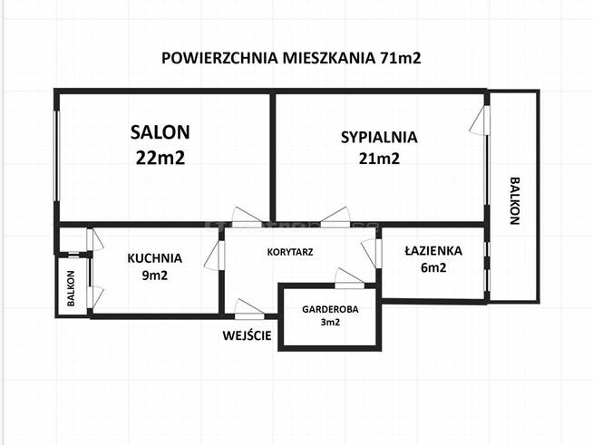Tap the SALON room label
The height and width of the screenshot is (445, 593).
pos(160,133)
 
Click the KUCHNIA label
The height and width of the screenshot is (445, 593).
pos(154,257)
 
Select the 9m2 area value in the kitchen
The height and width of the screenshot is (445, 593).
pos(154,276)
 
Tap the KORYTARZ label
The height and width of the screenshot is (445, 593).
pos(289,253)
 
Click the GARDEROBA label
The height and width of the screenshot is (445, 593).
pos(330,308)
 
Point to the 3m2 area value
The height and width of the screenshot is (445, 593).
pos(330,323)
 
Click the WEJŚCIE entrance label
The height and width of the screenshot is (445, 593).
pos(247,335)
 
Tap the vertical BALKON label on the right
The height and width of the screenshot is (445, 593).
pos(514,199)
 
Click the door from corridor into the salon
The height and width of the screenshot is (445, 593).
pos(247,218)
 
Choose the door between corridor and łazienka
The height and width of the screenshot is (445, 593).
pos(371,253)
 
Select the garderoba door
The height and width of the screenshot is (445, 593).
pos(349,277)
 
